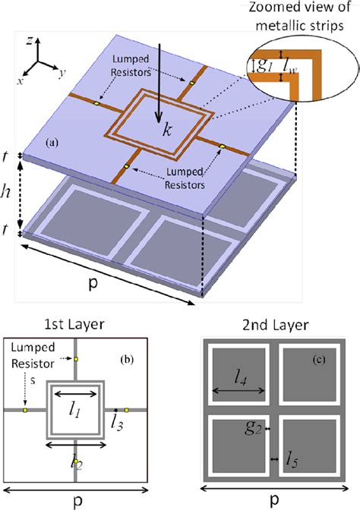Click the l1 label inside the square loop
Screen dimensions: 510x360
pyautogui.click(x=73, y=411)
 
